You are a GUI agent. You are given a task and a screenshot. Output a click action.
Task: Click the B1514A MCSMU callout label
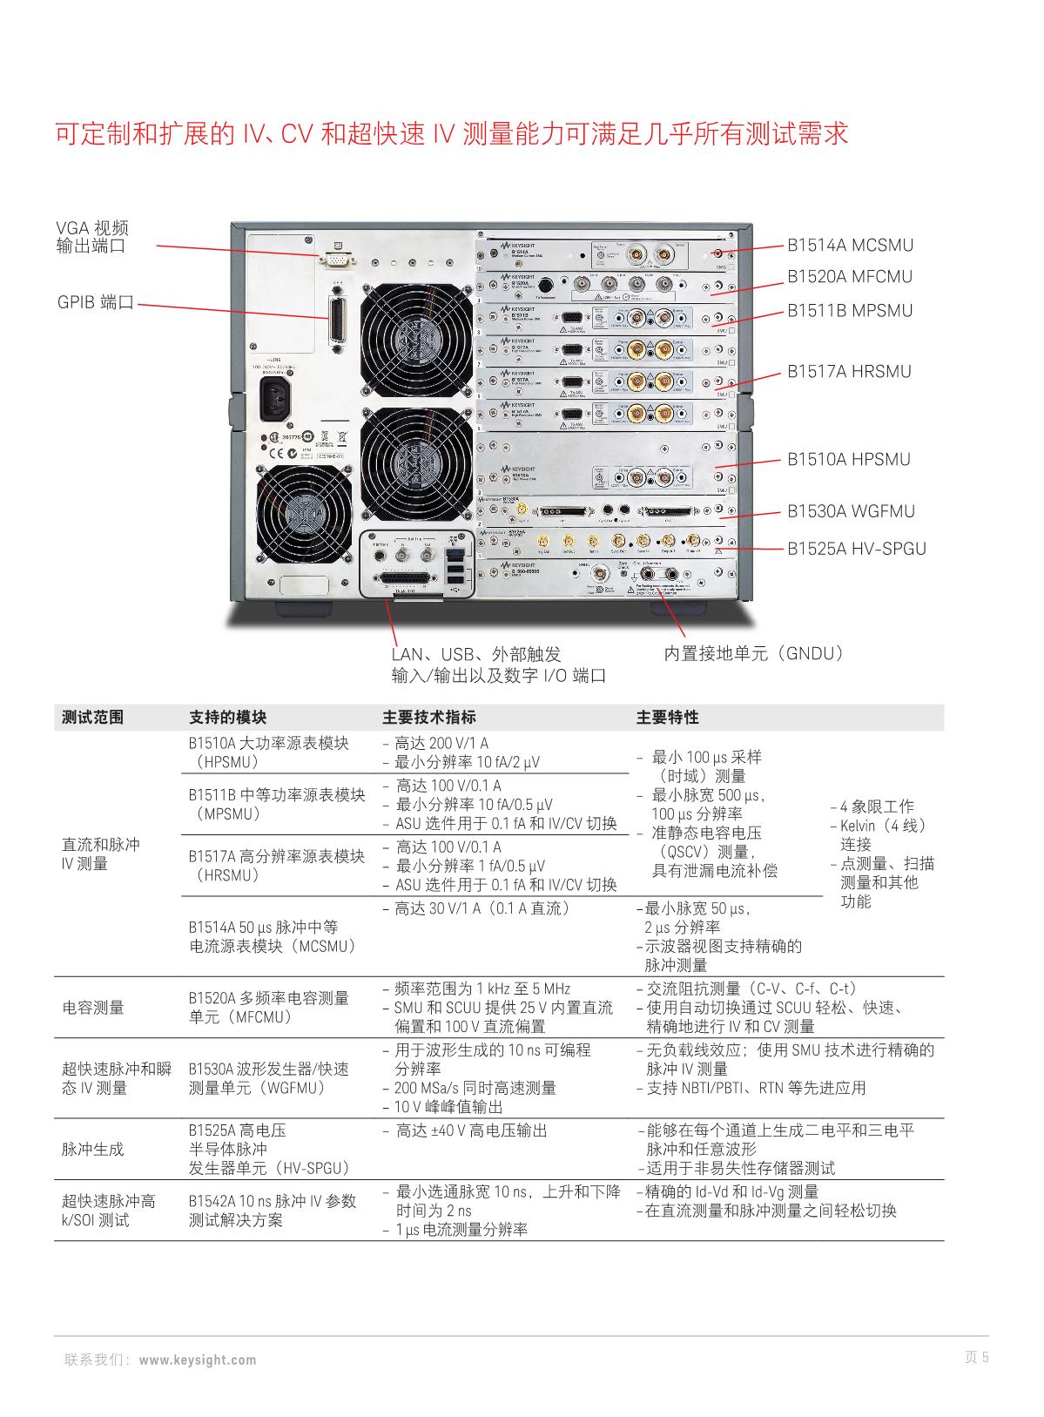coord(850,246)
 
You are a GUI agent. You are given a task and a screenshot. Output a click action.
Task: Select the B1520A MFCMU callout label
coord(850,277)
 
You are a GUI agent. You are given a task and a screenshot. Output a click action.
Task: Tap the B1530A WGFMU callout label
coord(851,511)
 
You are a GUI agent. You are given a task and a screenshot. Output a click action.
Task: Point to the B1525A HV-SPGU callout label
coord(857,549)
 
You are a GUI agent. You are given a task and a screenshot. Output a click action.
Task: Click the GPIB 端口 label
coord(96,303)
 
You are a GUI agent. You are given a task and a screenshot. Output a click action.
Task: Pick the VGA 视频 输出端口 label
coord(92,237)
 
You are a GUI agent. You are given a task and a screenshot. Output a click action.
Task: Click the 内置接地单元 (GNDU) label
coord(754,653)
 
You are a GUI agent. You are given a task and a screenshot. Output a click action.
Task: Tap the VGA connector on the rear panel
coord(338,259)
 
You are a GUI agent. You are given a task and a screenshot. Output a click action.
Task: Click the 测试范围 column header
coord(93,718)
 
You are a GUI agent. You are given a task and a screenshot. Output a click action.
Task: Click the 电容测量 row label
coord(93,1008)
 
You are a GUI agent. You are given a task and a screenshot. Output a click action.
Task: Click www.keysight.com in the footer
coord(198,1360)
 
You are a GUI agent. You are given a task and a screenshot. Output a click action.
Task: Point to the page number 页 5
coord(976,1357)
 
